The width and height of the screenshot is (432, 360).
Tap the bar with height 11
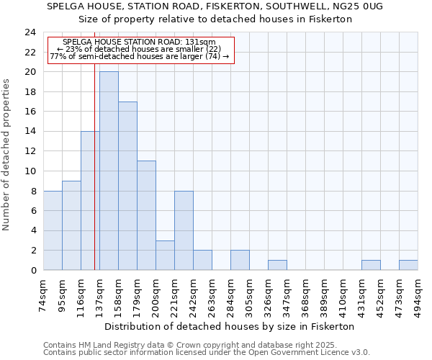pos(146,215)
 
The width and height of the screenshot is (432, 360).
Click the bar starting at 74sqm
pos(53,230)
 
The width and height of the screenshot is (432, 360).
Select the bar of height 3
pos(165,255)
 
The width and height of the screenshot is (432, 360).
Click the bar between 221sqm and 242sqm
pos(184,230)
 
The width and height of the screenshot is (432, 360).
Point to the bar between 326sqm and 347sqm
pos(277,265)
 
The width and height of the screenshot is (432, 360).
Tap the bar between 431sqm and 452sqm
pos(371,265)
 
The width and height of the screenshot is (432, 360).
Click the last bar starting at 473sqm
pos(408,265)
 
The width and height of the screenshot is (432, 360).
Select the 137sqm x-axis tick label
pos(99,294)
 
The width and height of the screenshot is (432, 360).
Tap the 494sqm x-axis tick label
pos(418,294)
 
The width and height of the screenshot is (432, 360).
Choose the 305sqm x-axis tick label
pos(249,294)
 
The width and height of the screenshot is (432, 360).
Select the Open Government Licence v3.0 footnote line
pos(207,352)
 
